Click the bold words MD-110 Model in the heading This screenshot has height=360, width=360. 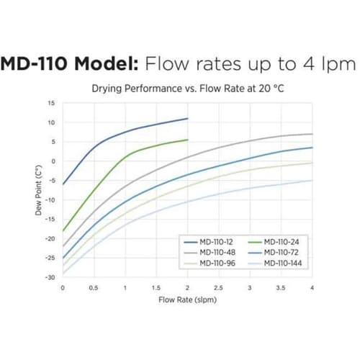point(68,64)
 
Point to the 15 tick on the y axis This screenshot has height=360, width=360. point(50,103)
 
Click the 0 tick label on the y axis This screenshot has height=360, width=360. point(52,161)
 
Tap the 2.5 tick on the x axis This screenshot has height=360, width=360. point(219,287)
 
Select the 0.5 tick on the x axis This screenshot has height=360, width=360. point(94,287)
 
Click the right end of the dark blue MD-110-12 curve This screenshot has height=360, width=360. point(187,118)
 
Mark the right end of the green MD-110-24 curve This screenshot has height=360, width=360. point(187,140)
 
